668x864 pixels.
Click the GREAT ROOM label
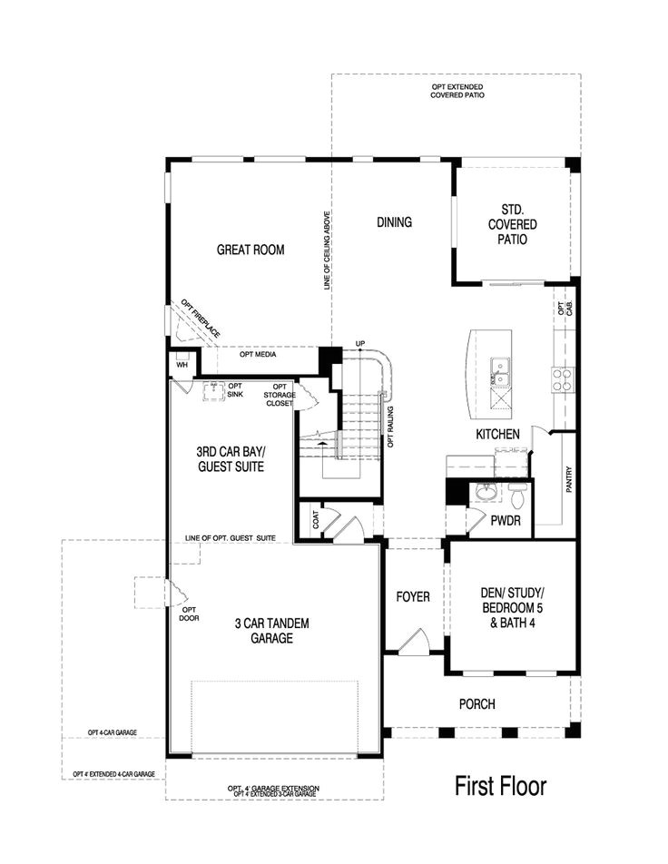[x=250, y=250]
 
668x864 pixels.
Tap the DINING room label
[x=394, y=222]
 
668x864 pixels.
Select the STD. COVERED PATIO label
[x=512, y=224]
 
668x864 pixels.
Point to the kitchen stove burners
[x=562, y=378]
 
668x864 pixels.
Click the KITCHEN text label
[x=497, y=435]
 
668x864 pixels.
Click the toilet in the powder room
[x=517, y=496]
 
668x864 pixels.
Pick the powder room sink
[x=486, y=494]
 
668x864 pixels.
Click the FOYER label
[x=413, y=597]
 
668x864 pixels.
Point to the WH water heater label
[x=181, y=365]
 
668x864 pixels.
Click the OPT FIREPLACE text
[x=200, y=319]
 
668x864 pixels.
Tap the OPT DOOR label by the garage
[x=189, y=614]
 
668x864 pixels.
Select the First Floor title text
[x=501, y=786]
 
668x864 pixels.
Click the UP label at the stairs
[x=359, y=343]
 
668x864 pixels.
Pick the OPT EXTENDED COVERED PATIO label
[x=457, y=90]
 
